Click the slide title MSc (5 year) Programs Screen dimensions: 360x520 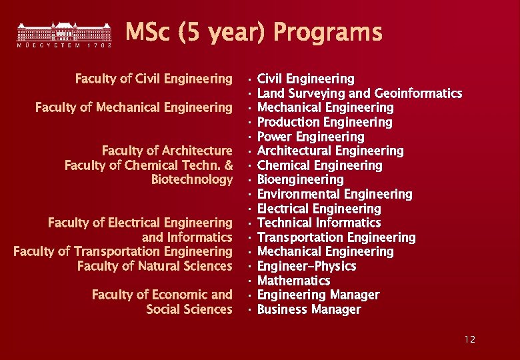coord(254,32)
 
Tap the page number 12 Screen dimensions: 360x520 coord(470,340)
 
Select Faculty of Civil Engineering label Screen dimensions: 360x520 coord(153,79)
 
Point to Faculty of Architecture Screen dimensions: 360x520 coord(167,151)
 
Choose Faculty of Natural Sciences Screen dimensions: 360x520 coord(155,266)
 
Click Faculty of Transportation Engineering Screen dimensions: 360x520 coord(123,251)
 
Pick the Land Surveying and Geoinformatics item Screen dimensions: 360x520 coord(359,93)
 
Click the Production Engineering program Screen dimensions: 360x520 coord(325,122)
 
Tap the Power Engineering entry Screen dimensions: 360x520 coord(311,137)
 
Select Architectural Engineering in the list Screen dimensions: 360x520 coord(330,151)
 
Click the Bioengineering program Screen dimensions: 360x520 coord(300,179)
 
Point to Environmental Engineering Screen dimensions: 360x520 coord(335,194)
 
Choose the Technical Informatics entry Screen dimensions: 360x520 coord(319,223)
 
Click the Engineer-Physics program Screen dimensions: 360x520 coord(307,266)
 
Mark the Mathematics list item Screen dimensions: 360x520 coord(293,281)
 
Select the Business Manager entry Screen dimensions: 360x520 coord(309,309)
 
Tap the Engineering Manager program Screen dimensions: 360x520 coord(318,295)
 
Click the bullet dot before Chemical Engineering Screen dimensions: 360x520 coord(248,165)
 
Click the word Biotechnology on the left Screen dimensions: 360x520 coord(192,179)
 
